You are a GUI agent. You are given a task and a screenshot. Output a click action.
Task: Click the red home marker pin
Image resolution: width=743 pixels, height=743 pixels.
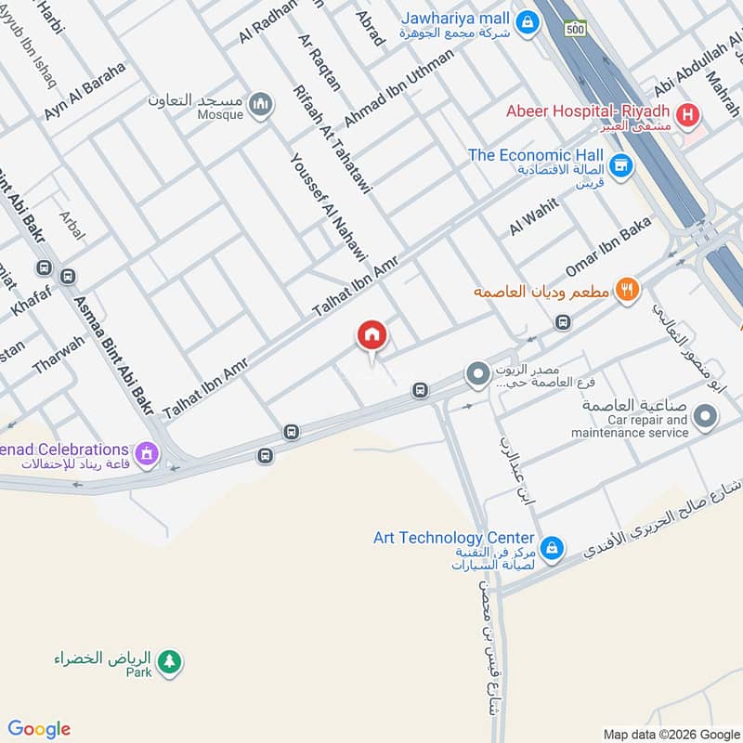(x=371, y=335)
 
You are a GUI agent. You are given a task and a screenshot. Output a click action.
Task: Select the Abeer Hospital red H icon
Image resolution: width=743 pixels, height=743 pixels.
(x=687, y=116)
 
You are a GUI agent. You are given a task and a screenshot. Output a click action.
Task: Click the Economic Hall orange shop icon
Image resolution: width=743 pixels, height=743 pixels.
(x=621, y=166)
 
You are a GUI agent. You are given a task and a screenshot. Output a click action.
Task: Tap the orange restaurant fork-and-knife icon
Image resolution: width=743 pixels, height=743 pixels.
(x=628, y=290)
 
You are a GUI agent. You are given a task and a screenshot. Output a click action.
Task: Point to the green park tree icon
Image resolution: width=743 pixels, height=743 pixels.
(x=169, y=661)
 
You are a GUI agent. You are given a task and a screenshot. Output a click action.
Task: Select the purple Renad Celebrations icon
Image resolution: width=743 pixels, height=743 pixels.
(x=145, y=454)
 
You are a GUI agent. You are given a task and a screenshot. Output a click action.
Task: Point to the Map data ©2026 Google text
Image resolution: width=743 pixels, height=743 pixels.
(x=671, y=734)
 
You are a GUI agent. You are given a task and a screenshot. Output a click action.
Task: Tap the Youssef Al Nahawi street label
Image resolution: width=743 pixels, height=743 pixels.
(x=330, y=208)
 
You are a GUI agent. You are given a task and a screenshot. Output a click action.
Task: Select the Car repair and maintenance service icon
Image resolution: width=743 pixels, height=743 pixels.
(x=706, y=416)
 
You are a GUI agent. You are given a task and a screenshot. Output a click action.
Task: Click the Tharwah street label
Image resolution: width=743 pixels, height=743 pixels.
(x=58, y=355)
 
